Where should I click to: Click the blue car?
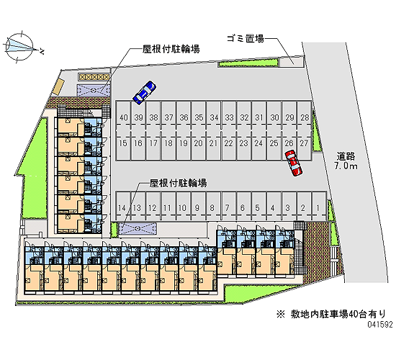coord(145,93)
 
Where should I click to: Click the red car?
coord(293,163)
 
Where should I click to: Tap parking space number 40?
coord(124,117)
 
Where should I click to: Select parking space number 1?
coord(318,208)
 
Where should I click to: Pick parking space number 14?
coord(122,208)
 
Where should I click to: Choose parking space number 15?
coord(123,143)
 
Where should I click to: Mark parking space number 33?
coord(229,117)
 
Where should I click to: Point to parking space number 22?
coord(228,143)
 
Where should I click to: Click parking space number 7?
coord(227,208)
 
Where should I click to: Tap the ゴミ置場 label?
coord(245,39)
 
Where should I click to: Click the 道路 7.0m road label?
coord(346,161)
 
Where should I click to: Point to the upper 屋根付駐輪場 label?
coord(171,49)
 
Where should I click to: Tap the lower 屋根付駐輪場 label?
coord(178,183)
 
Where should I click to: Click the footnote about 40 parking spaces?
coord(331,314)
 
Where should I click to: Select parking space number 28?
coord(305,117)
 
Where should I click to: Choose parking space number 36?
coord(184,117)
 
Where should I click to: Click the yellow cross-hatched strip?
coord(94,76)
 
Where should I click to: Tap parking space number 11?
coord(167,208)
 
